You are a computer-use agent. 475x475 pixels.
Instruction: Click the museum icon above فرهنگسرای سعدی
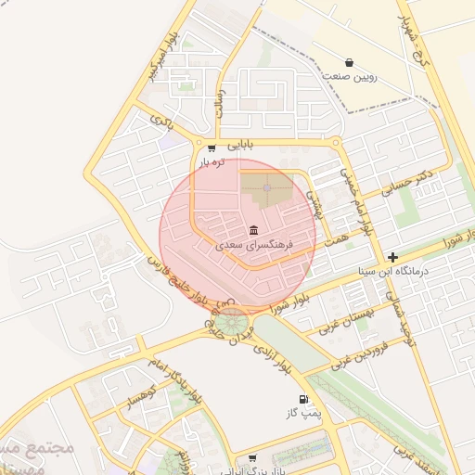tap(253, 230)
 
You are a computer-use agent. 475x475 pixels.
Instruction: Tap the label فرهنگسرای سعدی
tap(253, 247)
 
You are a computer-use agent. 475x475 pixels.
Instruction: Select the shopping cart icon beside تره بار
tap(212, 148)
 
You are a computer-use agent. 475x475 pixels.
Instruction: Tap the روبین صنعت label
tap(349, 78)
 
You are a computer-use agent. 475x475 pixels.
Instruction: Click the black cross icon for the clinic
tap(393, 257)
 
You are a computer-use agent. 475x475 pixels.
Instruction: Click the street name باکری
tap(161, 120)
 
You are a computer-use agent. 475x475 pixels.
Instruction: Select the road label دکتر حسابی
tap(413, 182)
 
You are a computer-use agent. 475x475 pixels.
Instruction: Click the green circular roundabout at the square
tap(232, 323)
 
